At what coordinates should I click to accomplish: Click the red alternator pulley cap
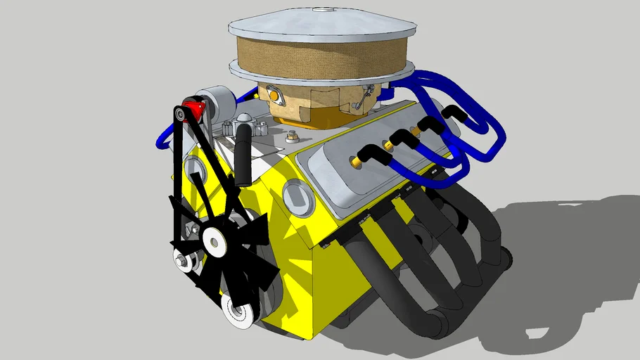point(193,110)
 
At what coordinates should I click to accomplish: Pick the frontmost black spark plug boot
point(366,153)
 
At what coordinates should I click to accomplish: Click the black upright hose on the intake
point(243,151)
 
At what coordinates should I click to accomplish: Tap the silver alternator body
point(215,103)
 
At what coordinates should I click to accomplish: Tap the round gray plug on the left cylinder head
point(194,173)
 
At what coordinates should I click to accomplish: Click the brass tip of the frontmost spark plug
point(356,162)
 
